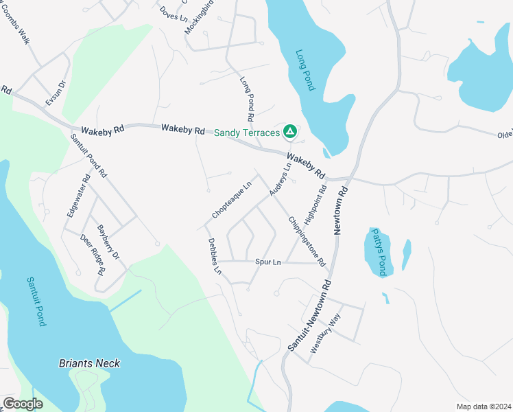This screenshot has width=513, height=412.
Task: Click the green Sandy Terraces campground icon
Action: tap(290, 131)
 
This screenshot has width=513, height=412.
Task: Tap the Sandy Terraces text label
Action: tap(248, 132)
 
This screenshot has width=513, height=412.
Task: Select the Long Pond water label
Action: tap(305, 70)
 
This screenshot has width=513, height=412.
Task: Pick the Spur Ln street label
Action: tap(268, 262)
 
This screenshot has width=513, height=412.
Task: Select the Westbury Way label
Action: tap(325, 332)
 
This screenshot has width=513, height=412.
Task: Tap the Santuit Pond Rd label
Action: tap(88, 156)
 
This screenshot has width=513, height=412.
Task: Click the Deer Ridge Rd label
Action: tap(93, 254)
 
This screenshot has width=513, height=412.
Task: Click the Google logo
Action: tap(23, 403)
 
